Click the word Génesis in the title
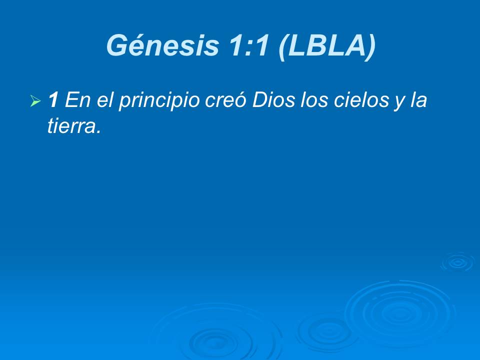[162, 46]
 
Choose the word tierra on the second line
[70, 127]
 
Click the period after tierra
[98, 132]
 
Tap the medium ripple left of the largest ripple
[327, 330]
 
